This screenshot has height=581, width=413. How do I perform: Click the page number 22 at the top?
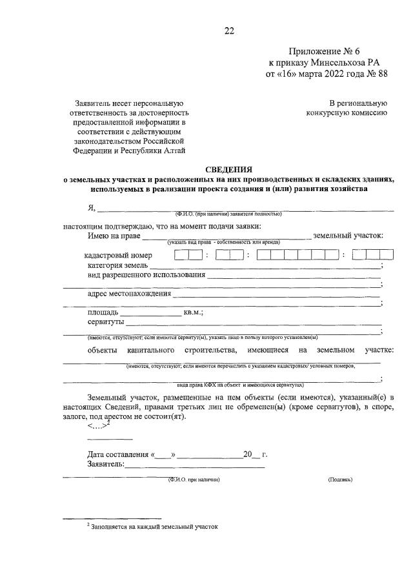click(228, 30)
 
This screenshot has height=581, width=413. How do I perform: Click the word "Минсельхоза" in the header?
click(341, 63)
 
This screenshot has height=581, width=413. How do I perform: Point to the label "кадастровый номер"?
click(120, 255)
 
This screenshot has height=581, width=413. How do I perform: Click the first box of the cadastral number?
click(180, 254)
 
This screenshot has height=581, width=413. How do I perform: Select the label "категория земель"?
click(118, 265)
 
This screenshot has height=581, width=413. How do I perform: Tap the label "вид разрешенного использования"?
click(146, 275)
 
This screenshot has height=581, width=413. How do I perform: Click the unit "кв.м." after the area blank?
click(194, 312)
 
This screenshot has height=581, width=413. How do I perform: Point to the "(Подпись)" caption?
click(340, 480)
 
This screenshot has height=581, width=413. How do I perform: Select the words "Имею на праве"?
click(114, 236)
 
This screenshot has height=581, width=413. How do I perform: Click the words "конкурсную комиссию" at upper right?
click(347, 113)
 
